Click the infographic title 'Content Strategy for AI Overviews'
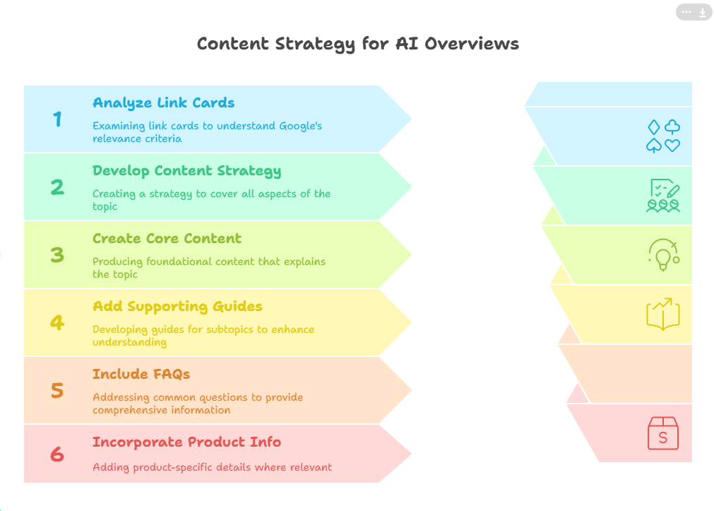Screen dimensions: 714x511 (x=358, y=45)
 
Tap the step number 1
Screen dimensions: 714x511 (x=57, y=119)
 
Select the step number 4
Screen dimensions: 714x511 (x=57, y=323)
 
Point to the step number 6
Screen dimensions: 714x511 (x=57, y=454)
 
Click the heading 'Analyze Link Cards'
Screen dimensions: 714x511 (x=163, y=103)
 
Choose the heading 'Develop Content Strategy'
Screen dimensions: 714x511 (x=186, y=171)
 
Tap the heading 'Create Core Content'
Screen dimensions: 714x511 (x=167, y=238)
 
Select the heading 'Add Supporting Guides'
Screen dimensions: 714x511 (x=177, y=306)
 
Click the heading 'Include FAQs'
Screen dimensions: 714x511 (x=141, y=375)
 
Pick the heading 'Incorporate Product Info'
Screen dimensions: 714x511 (x=186, y=442)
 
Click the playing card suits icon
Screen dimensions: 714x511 (x=663, y=136)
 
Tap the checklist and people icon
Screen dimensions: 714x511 (x=663, y=196)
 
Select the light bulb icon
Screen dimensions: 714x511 (x=664, y=255)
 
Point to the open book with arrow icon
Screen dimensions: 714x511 (x=663, y=314)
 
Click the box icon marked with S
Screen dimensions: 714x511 (x=663, y=433)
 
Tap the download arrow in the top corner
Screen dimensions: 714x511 (x=703, y=12)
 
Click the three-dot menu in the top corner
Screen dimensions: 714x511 (x=686, y=12)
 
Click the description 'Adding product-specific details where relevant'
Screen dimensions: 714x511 (x=212, y=467)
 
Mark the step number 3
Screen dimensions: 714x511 (x=57, y=255)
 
